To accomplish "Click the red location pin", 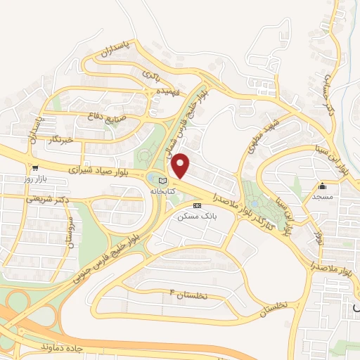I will (x=181, y=165).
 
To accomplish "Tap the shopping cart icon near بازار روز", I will (x=34, y=168).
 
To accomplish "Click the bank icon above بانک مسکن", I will (x=197, y=205).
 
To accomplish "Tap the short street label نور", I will (x=319, y=238).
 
